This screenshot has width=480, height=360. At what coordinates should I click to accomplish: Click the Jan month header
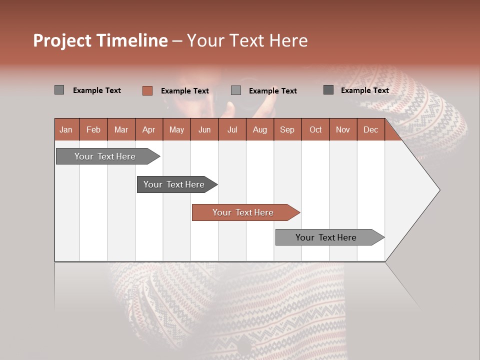[66, 130]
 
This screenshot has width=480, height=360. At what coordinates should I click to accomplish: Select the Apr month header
[148, 130]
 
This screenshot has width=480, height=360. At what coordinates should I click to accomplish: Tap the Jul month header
[232, 130]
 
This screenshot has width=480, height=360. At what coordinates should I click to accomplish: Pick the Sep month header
[287, 130]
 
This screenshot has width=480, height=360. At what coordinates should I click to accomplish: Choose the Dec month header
[370, 130]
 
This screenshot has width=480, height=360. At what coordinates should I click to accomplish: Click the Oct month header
[315, 130]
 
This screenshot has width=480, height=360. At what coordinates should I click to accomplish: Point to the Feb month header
[93, 130]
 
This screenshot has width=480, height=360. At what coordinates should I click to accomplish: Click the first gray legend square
[59, 90]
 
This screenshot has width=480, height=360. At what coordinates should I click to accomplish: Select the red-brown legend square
[147, 90]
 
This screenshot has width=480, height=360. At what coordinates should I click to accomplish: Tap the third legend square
[236, 90]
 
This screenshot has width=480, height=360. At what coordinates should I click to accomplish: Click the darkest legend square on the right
[328, 90]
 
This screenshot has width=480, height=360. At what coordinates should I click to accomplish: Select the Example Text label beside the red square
[184, 91]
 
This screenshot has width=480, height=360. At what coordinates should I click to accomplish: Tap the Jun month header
[204, 130]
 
